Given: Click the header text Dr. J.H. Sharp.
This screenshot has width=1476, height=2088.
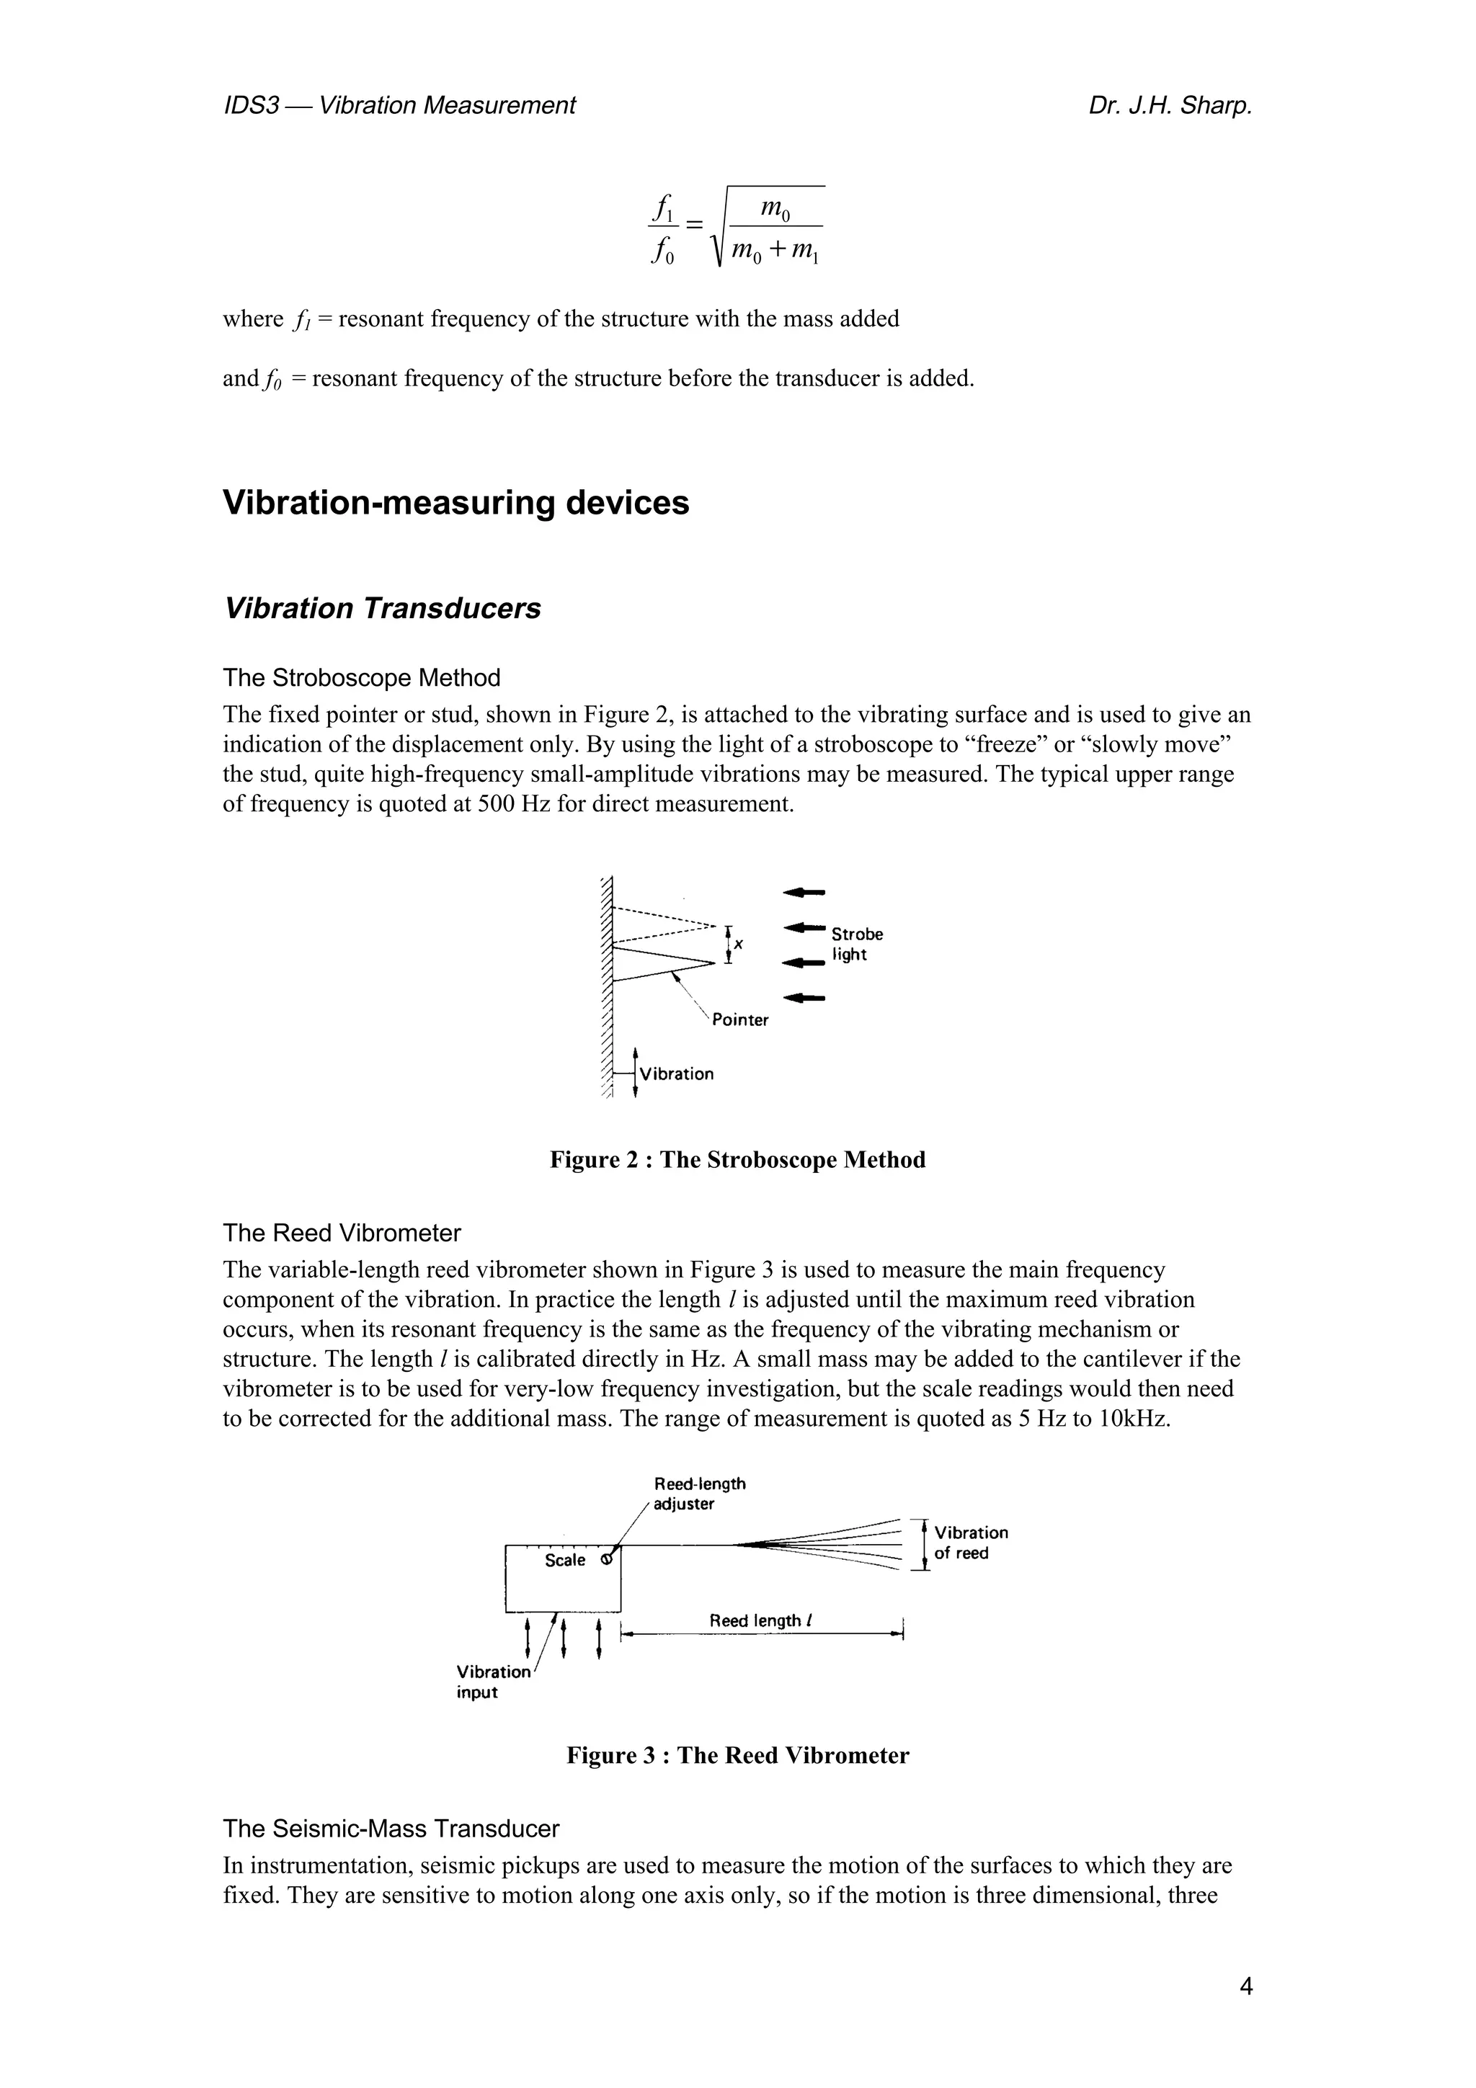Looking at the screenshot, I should pos(1170,107).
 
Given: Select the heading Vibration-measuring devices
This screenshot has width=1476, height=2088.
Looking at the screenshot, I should pos(455,503).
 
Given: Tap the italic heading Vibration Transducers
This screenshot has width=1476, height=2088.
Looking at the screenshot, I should pos(382,608).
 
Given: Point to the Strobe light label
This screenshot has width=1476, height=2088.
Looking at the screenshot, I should pos(855,944).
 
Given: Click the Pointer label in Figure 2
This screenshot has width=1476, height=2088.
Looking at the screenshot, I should pos(739,1020).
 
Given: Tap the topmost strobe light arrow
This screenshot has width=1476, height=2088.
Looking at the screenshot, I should pos(804,892).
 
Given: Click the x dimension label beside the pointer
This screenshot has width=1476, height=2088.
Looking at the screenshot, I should pos(739,945).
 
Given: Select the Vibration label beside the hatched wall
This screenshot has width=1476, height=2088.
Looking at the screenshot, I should pos(677,1074).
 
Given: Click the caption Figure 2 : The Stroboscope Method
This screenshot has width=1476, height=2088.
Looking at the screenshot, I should pos(737,1161).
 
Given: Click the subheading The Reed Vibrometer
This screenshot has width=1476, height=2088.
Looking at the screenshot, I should pos(342,1233).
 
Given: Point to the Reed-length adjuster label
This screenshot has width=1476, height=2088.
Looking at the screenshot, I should pos(698,1494).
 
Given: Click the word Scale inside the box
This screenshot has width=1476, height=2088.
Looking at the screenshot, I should pos(565,1561).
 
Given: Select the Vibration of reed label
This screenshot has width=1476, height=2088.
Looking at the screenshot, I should pos(970,1543).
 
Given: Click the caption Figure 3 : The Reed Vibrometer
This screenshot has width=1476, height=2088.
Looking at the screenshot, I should pos(737,1756).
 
